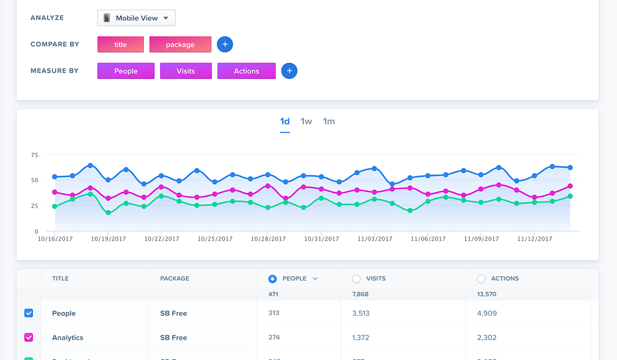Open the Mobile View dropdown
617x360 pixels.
coord(136,18)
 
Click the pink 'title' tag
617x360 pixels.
coord(120,44)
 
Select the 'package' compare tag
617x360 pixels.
coord(180,44)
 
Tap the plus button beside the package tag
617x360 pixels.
coord(225,44)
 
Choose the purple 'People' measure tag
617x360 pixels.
coord(125,71)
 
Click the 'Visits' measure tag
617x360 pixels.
coord(186,71)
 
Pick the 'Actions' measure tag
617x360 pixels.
coord(246,71)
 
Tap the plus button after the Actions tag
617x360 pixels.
coord(289,71)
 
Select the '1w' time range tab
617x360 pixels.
coord(306,121)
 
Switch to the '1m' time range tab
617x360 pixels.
coord(329,121)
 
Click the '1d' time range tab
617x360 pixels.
coord(285,121)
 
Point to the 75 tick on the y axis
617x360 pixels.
coord(34,154)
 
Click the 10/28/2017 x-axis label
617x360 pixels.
coord(268,239)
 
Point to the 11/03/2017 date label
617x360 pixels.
coord(375,239)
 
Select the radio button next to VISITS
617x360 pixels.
coord(356,279)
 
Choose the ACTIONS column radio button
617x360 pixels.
coord(481,279)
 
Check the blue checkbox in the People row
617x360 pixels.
coord(29,313)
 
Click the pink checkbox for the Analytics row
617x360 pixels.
coord(29,337)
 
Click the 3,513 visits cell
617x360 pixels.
coord(360,313)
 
